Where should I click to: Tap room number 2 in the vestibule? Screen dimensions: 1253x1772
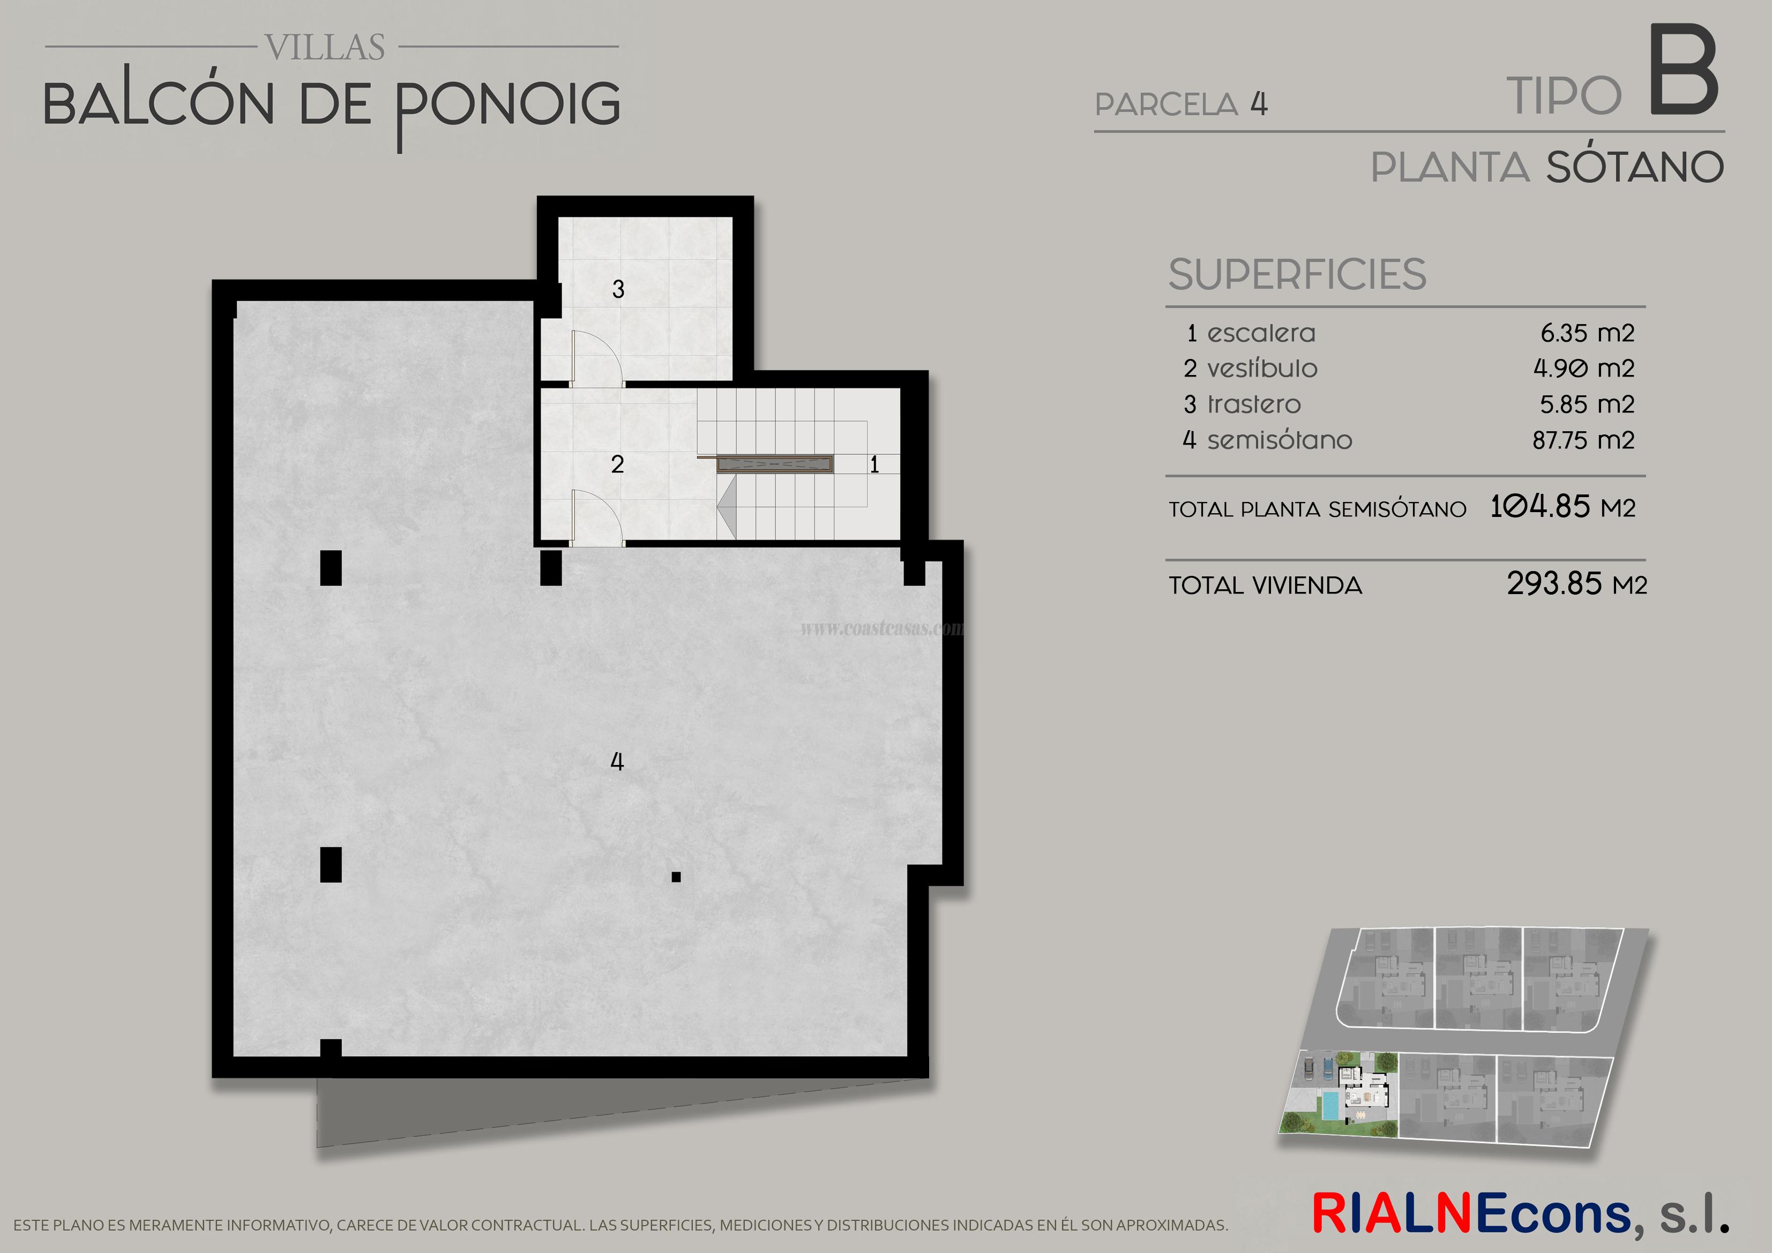pyautogui.click(x=617, y=464)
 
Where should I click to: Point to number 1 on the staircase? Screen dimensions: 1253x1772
pyautogui.click(x=874, y=464)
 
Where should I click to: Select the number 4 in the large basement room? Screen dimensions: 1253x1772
pyautogui.click(x=617, y=762)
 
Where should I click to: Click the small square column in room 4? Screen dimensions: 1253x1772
pyautogui.click(x=676, y=876)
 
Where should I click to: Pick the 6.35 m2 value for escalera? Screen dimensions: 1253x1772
pyautogui.click(x=1587, y=333)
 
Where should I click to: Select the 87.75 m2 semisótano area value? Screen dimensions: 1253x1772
pyautogui.click(x=1583, y=440)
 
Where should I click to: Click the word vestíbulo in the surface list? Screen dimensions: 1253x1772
pyautogui.click(x=1262, y=369)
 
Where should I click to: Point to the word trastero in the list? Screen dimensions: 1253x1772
pyautogui.click(x=1254, y=404)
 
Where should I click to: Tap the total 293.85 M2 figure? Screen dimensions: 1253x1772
pyautogui.click(x=1576, y=584)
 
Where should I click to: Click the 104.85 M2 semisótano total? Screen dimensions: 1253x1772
pyautogui.click(x=1562, y=507)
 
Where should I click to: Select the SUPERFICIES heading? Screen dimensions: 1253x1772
pyautogui.click(x=1297, y=275)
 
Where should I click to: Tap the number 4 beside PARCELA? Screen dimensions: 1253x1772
pyautogui.click(x=1259, y=104)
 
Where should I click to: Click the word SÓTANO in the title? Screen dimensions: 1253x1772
pyautogui.click(x=1635, y=168)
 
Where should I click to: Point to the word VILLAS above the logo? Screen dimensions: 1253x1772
pyautogui.click(x=326, y=48)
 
